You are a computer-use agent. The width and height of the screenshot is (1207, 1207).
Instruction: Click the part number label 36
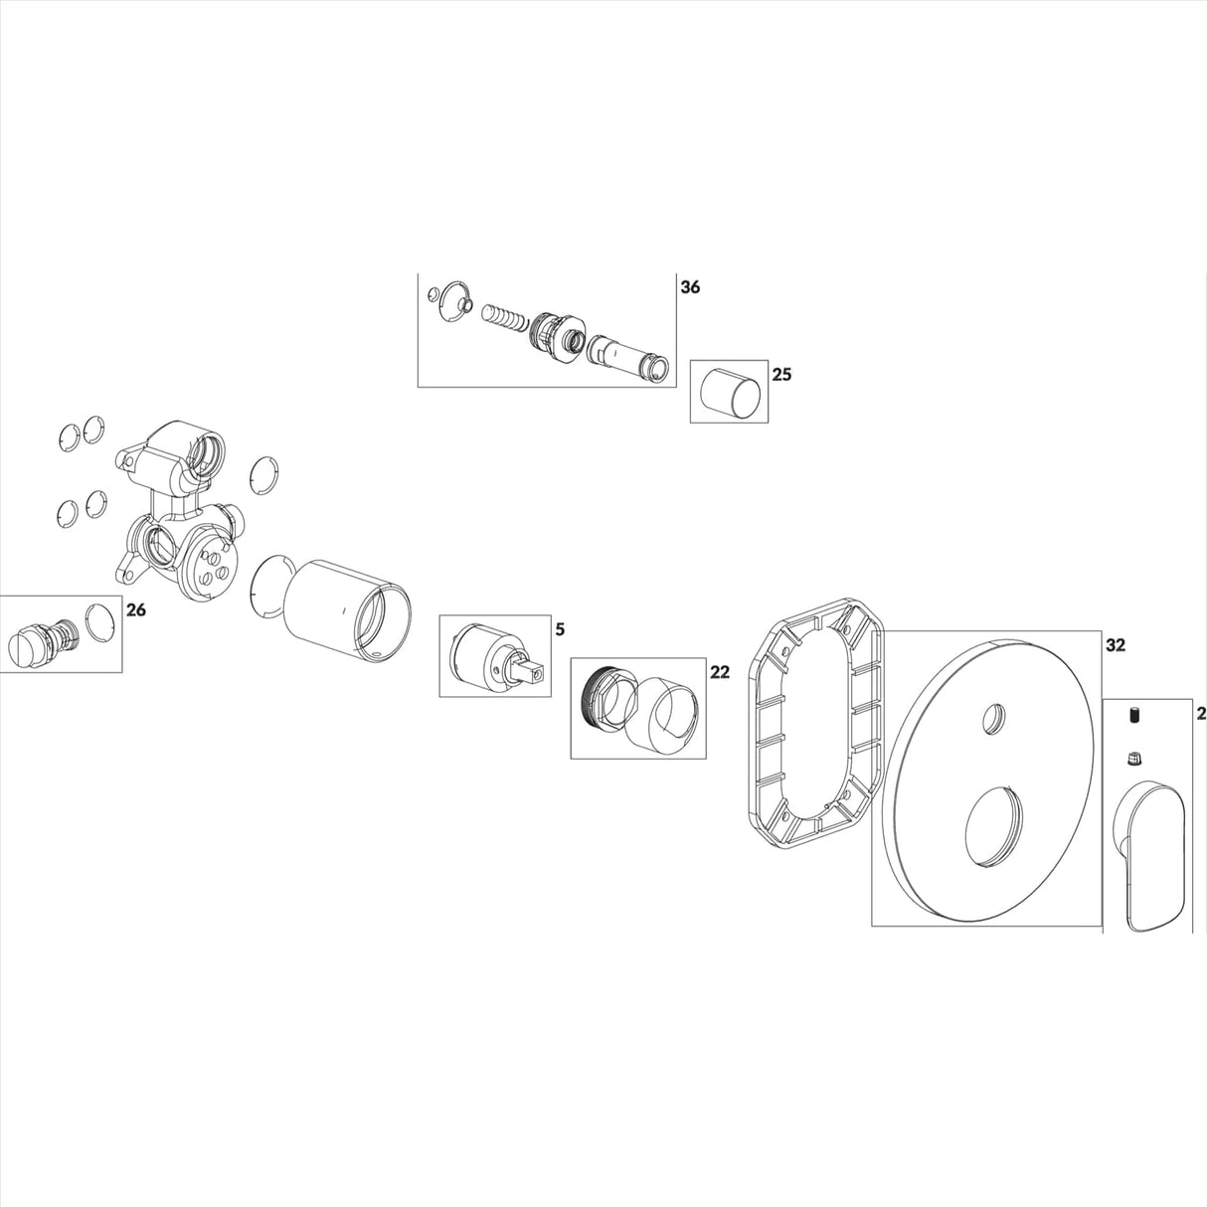(689, 286)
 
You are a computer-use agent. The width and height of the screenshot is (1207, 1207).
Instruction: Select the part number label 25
(781, 375)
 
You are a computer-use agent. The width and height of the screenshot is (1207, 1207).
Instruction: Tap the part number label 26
(135, 609)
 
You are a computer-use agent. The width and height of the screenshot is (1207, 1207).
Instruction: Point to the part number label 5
(560, 629)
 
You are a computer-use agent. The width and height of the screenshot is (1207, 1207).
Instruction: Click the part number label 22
(719, 672)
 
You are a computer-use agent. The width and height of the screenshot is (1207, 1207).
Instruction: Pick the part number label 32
(1115, 644)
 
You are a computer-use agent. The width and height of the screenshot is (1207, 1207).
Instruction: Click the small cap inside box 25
(730, 392)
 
